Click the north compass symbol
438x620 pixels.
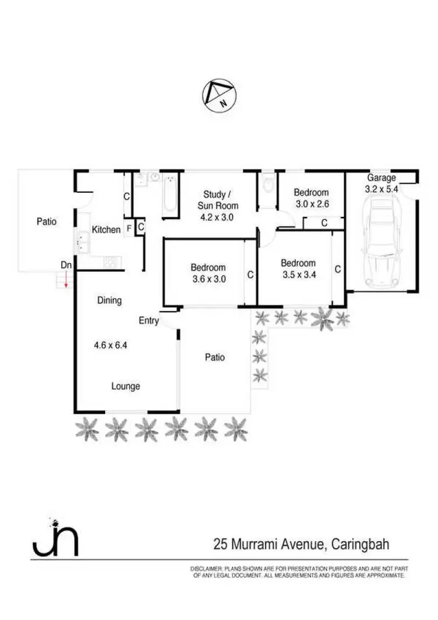(218, 95)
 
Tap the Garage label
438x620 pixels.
(381, 178)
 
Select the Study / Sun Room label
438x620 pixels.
(221, 199)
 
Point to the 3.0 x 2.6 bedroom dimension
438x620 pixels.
(311, 204)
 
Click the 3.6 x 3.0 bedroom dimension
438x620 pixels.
(208, 279)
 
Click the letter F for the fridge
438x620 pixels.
(128, 228)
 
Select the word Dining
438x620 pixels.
(109, 300)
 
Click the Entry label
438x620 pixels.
(148, 320)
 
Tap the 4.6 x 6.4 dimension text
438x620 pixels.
(110, 345)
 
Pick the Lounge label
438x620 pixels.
(126, 386)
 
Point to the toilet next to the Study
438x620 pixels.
(267, 185)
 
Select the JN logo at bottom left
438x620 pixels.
(55, 537)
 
